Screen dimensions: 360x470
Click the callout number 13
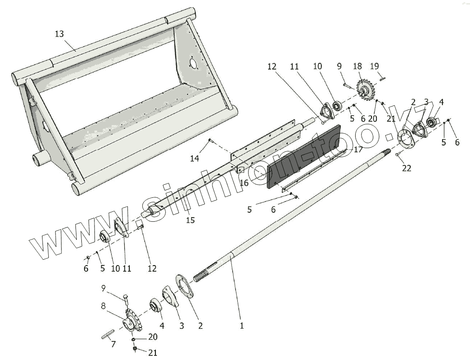point(59,34)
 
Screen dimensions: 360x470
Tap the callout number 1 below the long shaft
point(242,325)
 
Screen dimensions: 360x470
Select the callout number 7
point(113,344)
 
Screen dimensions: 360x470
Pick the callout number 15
point(190,220)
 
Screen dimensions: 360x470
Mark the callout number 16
point(244,183)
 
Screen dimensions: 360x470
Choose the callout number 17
point(358,149)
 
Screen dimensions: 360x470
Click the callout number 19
point(375,66)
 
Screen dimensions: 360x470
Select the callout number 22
point(407,168)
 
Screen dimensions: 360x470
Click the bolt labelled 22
point(397,155)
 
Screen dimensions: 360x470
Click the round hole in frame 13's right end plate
point(193,63)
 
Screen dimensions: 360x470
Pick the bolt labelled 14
point(210,141)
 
